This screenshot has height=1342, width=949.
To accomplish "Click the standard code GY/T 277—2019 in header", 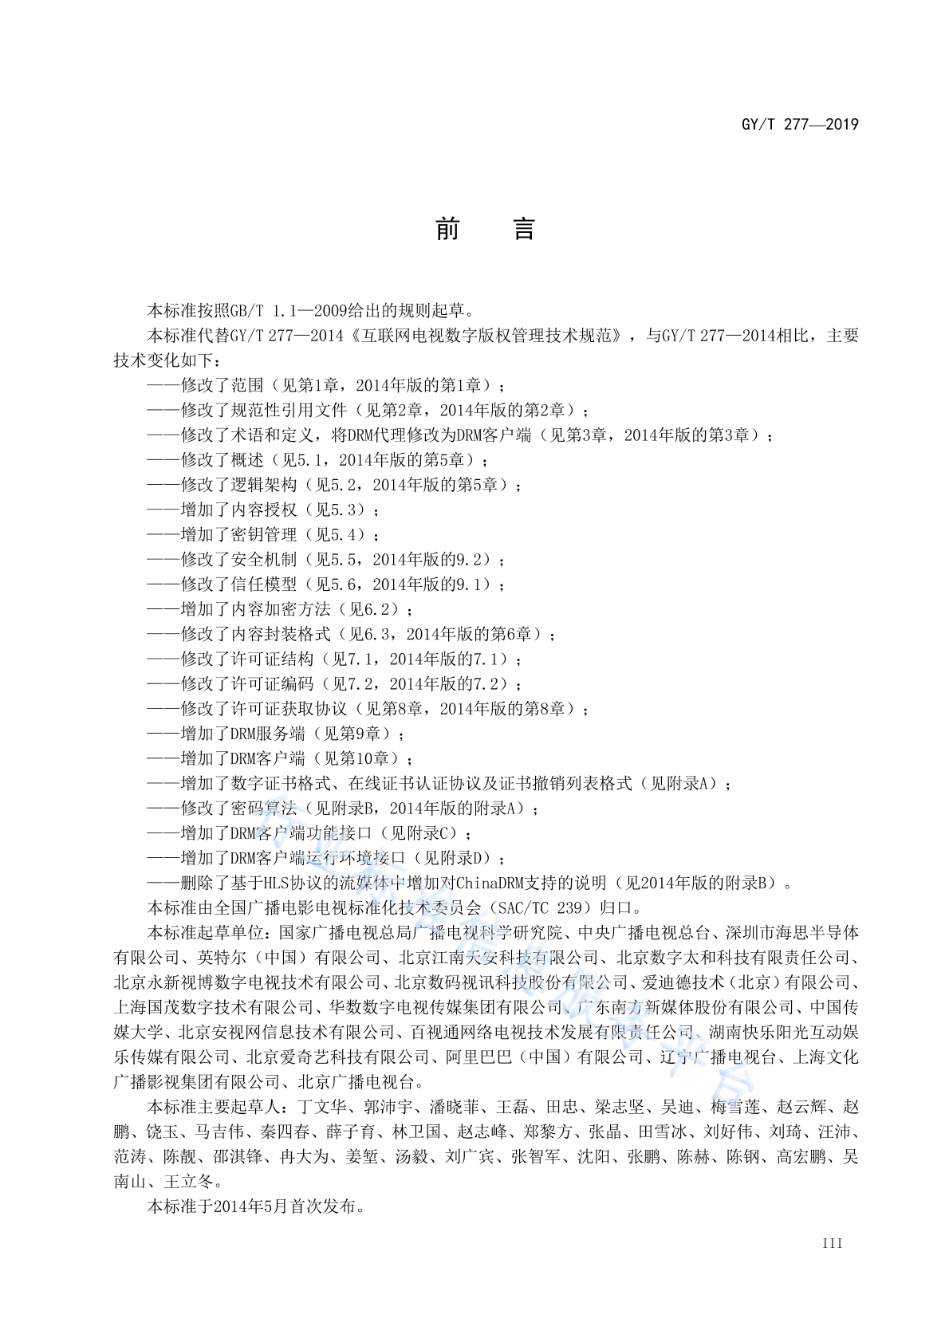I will [800, 124].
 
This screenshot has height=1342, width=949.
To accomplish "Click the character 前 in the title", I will [448, 230].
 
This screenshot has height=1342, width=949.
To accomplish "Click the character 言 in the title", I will [523, 230].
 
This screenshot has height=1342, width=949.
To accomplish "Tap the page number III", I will [832, 1243].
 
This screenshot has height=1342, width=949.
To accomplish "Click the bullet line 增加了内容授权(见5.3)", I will [264, 510].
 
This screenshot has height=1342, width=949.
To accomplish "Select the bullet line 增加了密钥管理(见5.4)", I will [264, 534].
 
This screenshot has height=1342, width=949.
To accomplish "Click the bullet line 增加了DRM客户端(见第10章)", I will [280, 758].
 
